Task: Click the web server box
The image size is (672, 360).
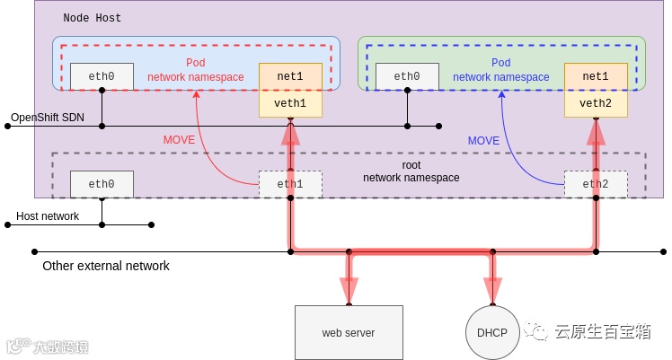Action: [x=348, y=333]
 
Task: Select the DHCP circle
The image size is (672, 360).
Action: [x=491, y=333]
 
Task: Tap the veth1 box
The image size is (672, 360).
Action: [x=290, y=104]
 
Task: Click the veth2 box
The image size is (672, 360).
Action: [x=596, y=104]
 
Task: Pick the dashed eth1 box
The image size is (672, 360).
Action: [x=290, y=184]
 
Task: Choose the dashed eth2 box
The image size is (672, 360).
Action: [x=596, y=184]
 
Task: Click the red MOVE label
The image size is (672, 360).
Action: [x=179, y=140]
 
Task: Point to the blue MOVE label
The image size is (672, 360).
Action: [x=483, y=141]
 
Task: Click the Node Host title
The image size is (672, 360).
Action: [x=93, y=18]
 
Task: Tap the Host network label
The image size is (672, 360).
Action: [x=48, y=216]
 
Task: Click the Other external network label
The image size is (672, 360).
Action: [x=106, y=266]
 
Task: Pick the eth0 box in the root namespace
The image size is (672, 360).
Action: [x=102, y=184]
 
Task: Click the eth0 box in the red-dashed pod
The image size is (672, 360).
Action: [x=102, y=76]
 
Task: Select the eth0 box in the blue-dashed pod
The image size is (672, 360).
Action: [x=407, y=76]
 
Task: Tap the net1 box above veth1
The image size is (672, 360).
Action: [x=290, y=76]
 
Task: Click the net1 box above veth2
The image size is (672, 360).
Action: [x=596, y=76]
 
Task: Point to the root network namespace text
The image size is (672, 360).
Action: [x=411, y=171]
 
